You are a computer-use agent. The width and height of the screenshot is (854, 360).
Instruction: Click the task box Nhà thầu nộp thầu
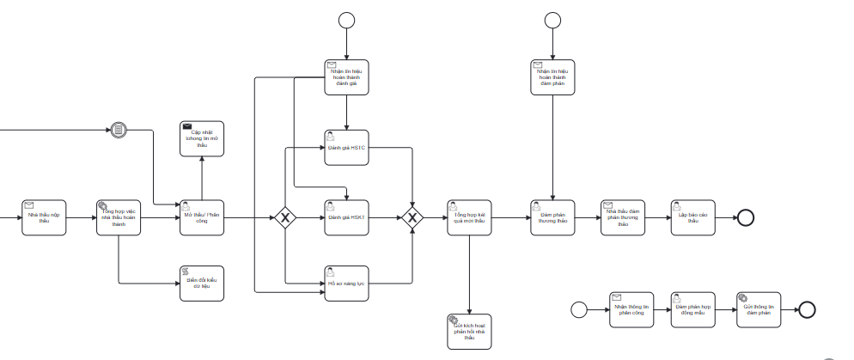pyautogui.click(x=45, y=217)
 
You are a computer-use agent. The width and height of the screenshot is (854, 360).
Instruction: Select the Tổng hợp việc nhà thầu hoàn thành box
pyautogui.click(x=119, y=217)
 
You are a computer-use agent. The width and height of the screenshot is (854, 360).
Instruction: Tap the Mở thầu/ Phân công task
pyautogui.click(x=202, y=217)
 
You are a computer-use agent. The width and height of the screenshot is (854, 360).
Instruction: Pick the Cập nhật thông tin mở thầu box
pyautogui.click(x=202, y=138)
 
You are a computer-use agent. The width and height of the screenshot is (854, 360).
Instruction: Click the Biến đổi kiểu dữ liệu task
pyautogui.click(x=202, y=283)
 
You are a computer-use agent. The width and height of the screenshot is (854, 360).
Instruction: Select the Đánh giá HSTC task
pyautogui.click(x=346, y=147)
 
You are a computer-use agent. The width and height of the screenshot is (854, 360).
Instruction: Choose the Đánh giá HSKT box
pyautogui.click(x=346, y=217)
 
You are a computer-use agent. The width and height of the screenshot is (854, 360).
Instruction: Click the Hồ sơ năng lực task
pyautogui.click(x=346, y=283)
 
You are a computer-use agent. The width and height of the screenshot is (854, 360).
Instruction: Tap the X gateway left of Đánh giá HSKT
pyautogui.click(x=285, y=217)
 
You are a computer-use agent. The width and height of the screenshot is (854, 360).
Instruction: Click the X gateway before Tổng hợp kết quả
pyautogui.click(x=412, y=217)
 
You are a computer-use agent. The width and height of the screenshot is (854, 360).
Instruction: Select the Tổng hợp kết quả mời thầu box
pyautogui.click(x=469, y=217)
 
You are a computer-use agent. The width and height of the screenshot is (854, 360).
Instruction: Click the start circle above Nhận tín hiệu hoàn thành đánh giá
pyautogui.click(x=346, y=21)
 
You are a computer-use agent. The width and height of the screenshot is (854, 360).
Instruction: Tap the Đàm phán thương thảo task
pyautogui.click(x=552, y=217)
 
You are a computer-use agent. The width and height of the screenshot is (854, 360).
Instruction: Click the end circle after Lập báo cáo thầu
pyautogui.click(x=745, y=217)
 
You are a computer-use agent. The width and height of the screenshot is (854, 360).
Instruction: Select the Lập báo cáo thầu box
pyautogui.click(x=692, y=217)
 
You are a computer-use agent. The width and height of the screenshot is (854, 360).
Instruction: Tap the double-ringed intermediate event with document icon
pyautogui.click(x=119, y=130)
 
